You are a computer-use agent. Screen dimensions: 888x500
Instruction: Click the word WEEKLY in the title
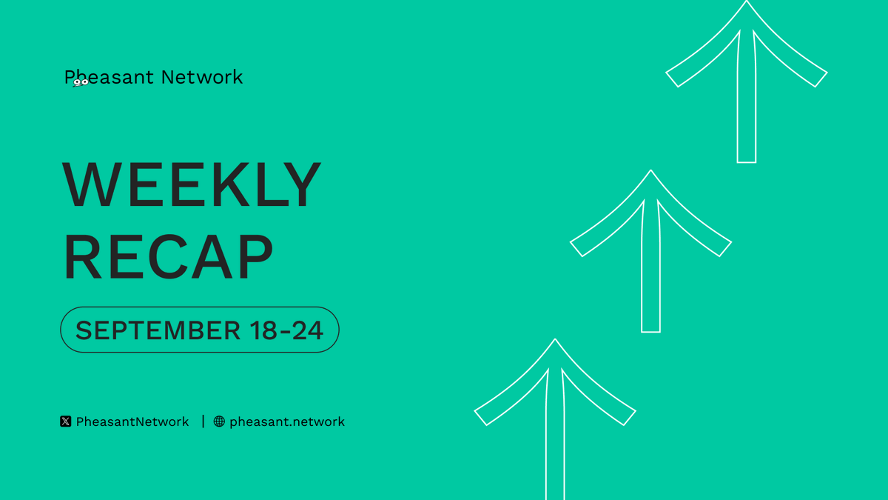click(x=192, y=184)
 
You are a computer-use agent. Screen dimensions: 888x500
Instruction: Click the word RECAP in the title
click(x=168, y=256)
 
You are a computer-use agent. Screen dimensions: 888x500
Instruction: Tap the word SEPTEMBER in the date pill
click(x=158, y=330)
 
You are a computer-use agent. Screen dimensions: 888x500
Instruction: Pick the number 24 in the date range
click(x=308, y=330)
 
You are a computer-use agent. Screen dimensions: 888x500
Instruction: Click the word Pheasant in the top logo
click(x=109, y=77)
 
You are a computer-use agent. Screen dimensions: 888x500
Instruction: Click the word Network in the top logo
click(x=202, y=77)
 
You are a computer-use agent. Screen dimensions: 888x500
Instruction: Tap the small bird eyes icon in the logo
click(x=81, y=82)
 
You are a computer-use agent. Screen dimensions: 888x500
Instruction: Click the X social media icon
click(x=66, y=421)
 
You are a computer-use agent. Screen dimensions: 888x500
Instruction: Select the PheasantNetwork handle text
click(x=132, y=421)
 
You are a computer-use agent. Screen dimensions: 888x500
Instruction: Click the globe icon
click(x=219, y=421)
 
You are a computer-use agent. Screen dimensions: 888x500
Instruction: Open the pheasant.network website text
click(x=287, y=421)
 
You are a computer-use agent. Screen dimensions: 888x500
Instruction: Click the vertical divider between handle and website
click(x=203, y=421)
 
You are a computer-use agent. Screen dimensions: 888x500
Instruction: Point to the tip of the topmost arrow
click(x=747, y=1)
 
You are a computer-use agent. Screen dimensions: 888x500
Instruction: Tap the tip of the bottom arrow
click(x=555, y=339)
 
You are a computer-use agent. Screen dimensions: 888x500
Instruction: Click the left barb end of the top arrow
click(x=672, y=79)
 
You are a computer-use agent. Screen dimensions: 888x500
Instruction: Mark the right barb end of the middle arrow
click(x=725, y=249)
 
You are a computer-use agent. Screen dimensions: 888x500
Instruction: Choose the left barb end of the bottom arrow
click(x=480, y=418)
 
